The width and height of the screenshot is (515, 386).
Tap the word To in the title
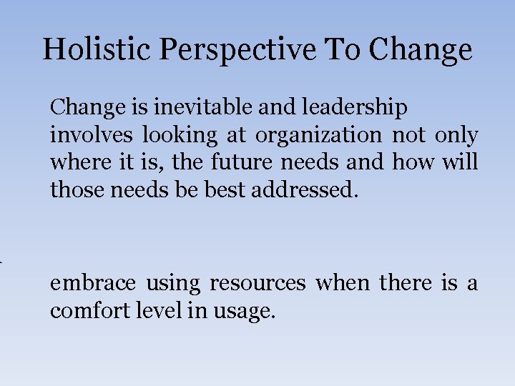347,49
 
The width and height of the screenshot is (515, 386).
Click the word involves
92,135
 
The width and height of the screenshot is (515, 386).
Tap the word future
243,162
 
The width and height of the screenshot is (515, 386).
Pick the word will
460,162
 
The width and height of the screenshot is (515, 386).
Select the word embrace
93,284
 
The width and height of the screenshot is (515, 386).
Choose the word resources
257,284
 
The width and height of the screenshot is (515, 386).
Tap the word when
343,284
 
